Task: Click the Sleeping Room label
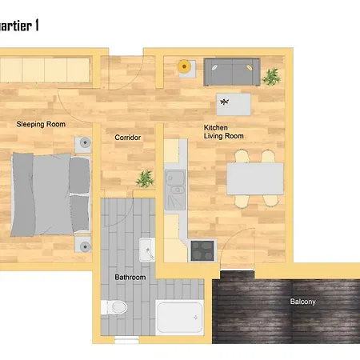pyautogui.click(x=42, y=124)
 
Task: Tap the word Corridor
pyautogui.click(x=128, y=138)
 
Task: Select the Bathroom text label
pyautogui.click(x=130, y=277)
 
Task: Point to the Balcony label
pyautogui.click(x=302, y=302)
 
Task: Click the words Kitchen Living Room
pyautogui.click(x=224, y=132)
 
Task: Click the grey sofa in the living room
pyautogui.click(x=231, y=72)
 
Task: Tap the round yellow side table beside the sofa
pyautogui.click(x=186, y=66)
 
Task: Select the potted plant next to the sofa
pyautogui.click(x=272, y=77)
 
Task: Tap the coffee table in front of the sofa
pyautogui.click(x=233, y=103)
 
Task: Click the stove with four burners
pyautogui.click(x=201, y=250)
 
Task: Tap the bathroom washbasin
pyautogui.click(x=147, y=250)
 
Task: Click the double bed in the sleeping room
pyautogui.click(x=50, y=193)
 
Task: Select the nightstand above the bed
pyautogui.click(x=85, y=144)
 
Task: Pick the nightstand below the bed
pyautogui.click(x=85, y=244)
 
